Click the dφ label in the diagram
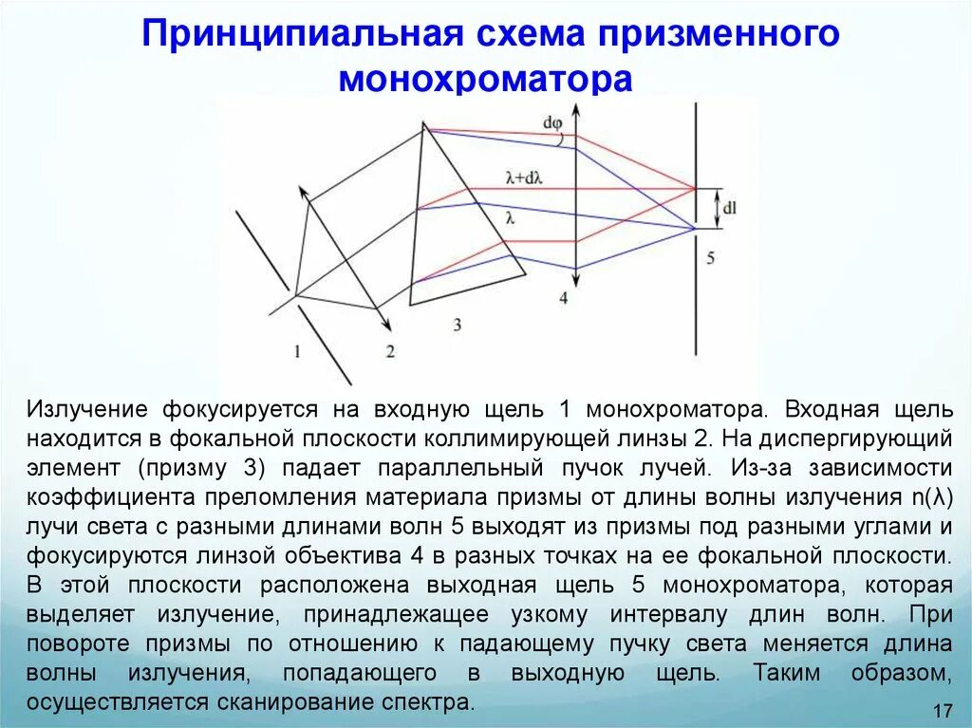[x=552, y=121]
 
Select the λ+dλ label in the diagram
[x=523, y=177]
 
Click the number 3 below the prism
[x=457, y=325]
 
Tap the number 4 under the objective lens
[x=563, y=298]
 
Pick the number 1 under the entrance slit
[x=297, y=351]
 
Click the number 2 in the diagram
[x=389, y=351]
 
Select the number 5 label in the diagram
[x=709, y=257]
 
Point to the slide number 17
[x=943, y=711]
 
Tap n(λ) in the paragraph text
[x=928, y=497]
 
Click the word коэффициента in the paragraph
[x=106, y=497]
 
